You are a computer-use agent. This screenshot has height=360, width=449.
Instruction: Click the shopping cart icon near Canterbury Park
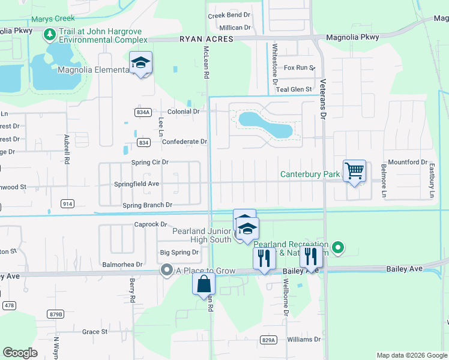355,171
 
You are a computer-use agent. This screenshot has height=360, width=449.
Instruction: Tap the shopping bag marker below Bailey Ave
203,284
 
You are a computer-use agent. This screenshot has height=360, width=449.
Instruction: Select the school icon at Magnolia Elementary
140,62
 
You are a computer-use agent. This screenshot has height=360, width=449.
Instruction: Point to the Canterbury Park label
310,175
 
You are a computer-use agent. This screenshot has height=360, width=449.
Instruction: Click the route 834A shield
142,112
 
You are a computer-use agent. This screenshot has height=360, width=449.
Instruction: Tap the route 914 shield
67,204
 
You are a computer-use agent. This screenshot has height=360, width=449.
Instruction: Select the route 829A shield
269,340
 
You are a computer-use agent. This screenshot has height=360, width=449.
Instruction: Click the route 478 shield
8,305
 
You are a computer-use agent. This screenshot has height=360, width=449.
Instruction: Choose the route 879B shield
56,314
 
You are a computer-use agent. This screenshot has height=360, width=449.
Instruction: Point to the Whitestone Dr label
275,63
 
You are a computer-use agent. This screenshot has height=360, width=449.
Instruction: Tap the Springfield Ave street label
136,184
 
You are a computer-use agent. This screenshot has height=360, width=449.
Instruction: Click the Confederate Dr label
184,142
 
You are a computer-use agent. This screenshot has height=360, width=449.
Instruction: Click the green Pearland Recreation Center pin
338,247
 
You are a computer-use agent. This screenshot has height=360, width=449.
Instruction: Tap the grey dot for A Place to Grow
166,271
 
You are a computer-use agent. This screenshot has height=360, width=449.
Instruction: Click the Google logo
20,353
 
